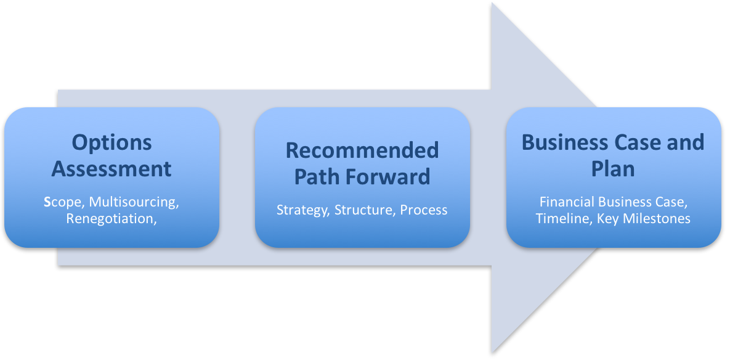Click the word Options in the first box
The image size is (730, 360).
click(112, 143)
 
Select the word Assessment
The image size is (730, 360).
click(112, 168)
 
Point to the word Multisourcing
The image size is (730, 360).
click(134, 203)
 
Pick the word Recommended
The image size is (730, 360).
click(362, 150)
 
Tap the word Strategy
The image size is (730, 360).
click(302, 210)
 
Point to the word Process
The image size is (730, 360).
click(424, 210)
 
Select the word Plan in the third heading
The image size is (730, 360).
click(613, 168)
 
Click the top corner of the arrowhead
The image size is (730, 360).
click(492, 3)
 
